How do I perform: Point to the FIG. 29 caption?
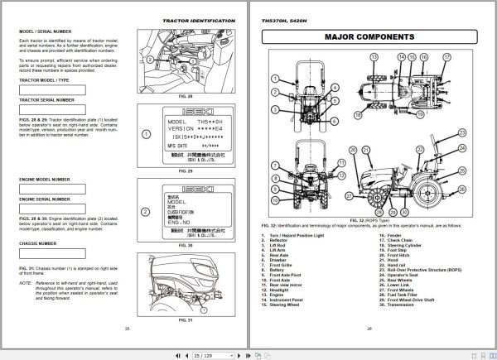[185, 170]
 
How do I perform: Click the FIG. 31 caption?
[185, 319]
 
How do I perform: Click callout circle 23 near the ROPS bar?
[462, 132]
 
